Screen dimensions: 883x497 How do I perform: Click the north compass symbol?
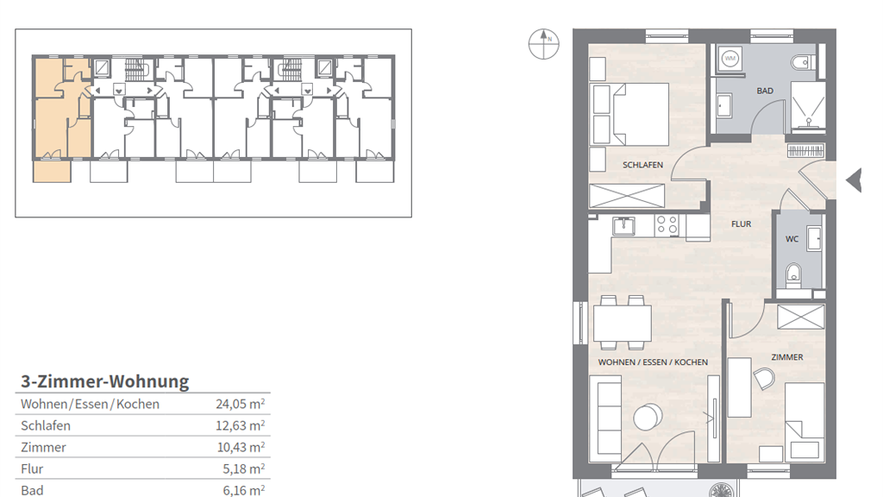coord(543,44)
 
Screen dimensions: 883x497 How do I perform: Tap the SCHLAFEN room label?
coord(642,165)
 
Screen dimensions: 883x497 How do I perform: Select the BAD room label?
coord(765,91)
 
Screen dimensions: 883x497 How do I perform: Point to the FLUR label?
coord(741,224)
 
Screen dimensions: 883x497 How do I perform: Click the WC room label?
coord(792,239)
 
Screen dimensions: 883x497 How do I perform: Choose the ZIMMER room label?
coord(787,357)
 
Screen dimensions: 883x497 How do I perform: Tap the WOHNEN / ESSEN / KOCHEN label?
coord(653,362)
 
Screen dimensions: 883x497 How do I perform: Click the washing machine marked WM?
coord(730,58)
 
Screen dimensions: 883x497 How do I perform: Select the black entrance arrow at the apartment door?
coord(854,180)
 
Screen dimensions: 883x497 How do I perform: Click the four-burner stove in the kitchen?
coord(667,225)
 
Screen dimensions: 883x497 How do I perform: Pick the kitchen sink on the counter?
coord(624,225)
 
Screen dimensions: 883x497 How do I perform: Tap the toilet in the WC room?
coord(793,274)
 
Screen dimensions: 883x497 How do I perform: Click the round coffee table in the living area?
coord(648,417)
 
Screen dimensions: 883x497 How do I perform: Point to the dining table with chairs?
coord(623,323)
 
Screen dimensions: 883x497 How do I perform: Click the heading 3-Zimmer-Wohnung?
coord(104,381)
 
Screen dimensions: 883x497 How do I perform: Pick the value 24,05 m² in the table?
coord(241,404)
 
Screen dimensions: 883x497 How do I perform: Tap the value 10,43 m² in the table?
coord(241,448)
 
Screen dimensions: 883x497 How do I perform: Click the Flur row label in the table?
coord(32,469)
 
